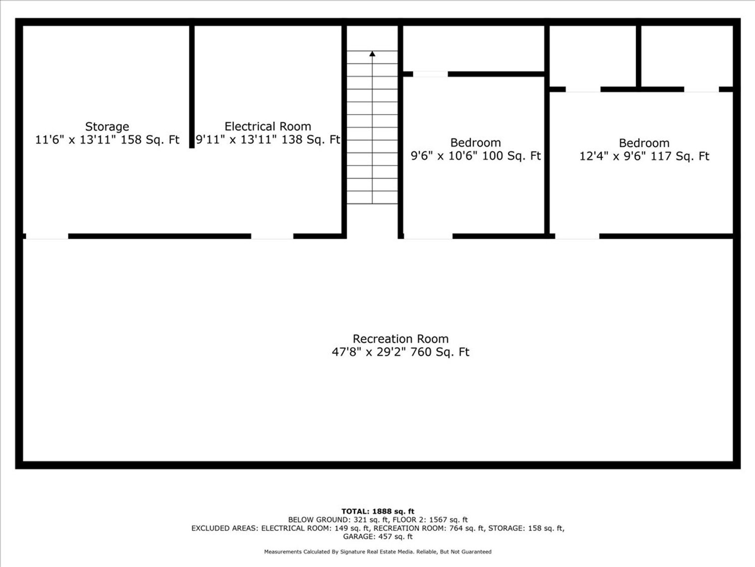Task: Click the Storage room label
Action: point(107,126)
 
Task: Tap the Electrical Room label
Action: point(267,126)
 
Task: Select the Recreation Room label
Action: point(400,339)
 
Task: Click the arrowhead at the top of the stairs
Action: point(372,53)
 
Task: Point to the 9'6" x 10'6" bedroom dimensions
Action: point(475,156)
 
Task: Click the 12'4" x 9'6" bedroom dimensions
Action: point(644,156)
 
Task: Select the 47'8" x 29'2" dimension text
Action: point(400,352)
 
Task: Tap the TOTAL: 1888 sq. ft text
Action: point(378,511)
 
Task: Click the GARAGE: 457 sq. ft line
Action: point(378,537)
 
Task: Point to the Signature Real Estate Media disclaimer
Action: point(378,552)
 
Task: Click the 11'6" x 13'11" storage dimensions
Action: point(107,140)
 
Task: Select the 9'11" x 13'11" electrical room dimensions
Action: point(267,140)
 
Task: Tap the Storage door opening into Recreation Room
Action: point(47,236)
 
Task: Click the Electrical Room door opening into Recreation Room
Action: point(272,236)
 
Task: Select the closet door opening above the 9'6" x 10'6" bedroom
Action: point(430,74)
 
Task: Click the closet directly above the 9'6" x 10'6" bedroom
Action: point(473,48)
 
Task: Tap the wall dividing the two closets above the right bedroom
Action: point(638,56)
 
